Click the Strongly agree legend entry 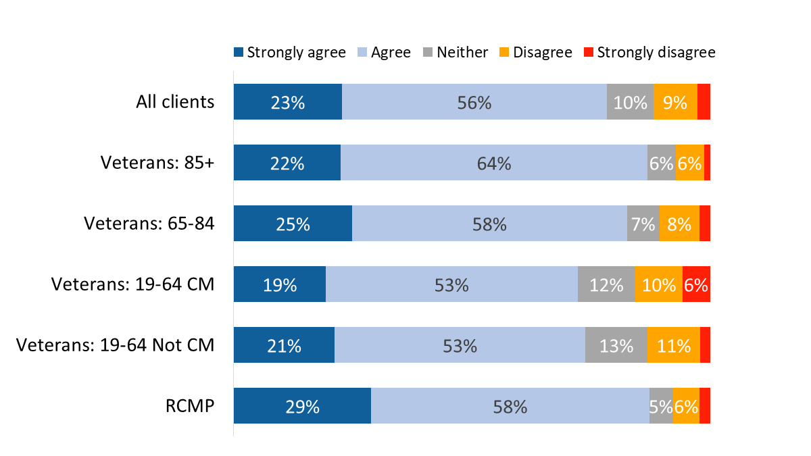pos(289,53)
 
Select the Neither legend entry pos(456,53)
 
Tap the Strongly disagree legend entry pos(649,53)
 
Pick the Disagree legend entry pos(535,53)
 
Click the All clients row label pos(174,102)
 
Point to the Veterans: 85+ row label pos(157,163)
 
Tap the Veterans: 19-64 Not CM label pos(115,345)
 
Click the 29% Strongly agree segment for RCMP pos(302,406)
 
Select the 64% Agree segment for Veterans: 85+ pos(493,163)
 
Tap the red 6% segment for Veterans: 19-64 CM pos(696,284)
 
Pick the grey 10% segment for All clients pos(630,102)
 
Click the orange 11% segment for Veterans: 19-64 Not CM pos(673,345)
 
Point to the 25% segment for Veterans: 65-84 pos(293,224)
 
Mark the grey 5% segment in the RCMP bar pos(661,406)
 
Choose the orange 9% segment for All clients pos(675,102)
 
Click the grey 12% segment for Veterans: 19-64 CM pos(606,284)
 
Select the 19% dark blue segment pos(280,284)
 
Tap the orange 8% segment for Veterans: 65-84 pos(679,224)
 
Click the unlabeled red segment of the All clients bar pos(704,102)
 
